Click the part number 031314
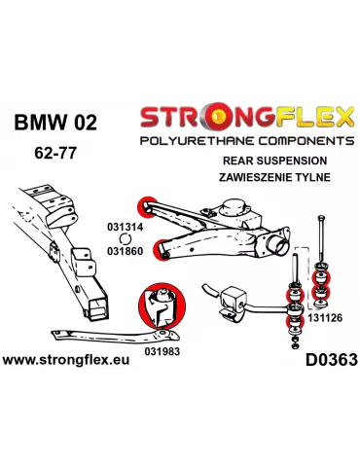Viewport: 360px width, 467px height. [x=125, y=227]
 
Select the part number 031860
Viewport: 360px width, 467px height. [x=125, y=251]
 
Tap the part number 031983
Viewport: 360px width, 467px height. [x=162, y=351]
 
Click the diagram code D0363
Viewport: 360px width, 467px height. [x=332, y=360]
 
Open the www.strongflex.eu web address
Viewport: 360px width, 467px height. [x=66, y=360]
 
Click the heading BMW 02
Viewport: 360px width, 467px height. [x=55, y=123]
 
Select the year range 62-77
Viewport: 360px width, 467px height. [x=55, y=153]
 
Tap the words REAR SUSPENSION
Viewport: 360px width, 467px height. [x=275, y=161]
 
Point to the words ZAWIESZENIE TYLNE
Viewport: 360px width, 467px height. [x=274, y=177]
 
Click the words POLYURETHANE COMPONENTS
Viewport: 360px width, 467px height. [x=247, y=141]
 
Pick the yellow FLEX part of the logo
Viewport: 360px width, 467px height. [x=315, y=116]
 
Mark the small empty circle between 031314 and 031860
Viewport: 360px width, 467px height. [x=125, y=239]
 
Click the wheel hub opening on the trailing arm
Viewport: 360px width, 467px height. [x=278, y=245]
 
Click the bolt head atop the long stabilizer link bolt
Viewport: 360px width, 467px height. [x=321, y=217]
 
